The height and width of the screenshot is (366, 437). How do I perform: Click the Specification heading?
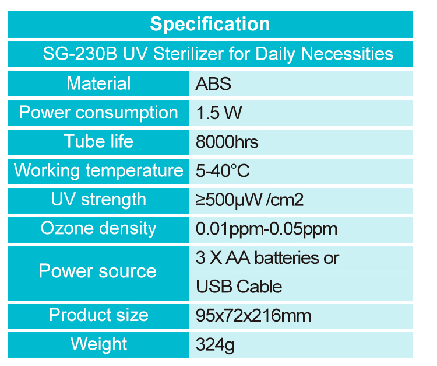[x=210, y=24]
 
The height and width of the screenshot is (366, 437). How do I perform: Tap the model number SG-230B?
[x=80, y=54]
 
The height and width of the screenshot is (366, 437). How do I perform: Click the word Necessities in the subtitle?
[x=347, y=54]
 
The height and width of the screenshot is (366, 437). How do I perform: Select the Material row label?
[x=98, y=83]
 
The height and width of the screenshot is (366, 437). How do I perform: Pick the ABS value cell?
[x=213, y=83]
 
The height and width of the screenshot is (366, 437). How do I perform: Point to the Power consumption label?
[x=98, y=113]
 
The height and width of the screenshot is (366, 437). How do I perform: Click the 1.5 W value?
[x=218, y=113]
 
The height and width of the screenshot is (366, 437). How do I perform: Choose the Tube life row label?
[x=98, y=141]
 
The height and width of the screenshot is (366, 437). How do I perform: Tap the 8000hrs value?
[x=227, y=142]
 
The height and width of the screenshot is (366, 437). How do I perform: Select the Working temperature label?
[x=98, y=170]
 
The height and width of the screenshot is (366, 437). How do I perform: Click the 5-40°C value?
[x=223, y=171]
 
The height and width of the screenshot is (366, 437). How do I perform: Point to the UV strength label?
[x=98, y=200]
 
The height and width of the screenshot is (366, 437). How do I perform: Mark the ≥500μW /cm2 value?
[x=249, y=200]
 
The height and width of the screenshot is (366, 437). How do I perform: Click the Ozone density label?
[x=98, y=229]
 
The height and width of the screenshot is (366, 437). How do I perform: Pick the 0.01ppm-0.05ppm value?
[x=266, y=229]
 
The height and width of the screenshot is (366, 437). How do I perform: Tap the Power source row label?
[x=97, y=271]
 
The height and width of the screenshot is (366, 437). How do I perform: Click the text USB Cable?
[x=239, y=287]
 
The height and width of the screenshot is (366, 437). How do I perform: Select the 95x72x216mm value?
[x=253, y=316]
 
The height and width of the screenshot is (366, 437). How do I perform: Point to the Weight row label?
[x=98, y=344]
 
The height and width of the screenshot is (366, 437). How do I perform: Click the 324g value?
[x=215, y=345]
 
